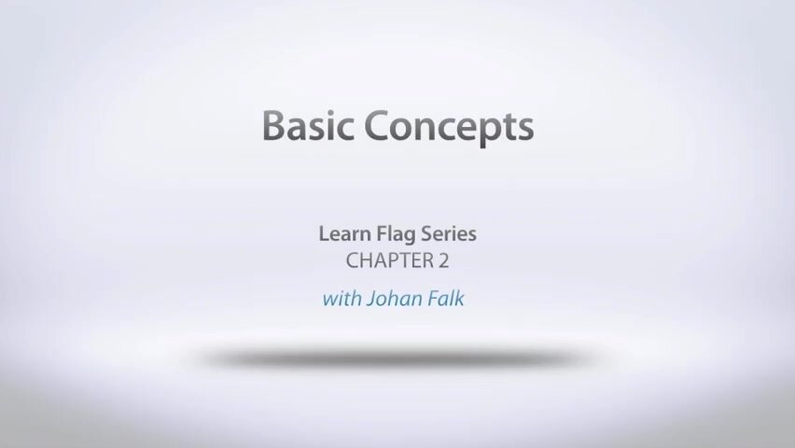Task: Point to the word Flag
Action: point(393,234)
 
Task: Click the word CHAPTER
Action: point(384,260)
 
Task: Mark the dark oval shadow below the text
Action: point(397,357)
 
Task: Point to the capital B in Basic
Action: point(272,125)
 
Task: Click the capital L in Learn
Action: point(323,234)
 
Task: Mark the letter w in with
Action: point(328,301)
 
